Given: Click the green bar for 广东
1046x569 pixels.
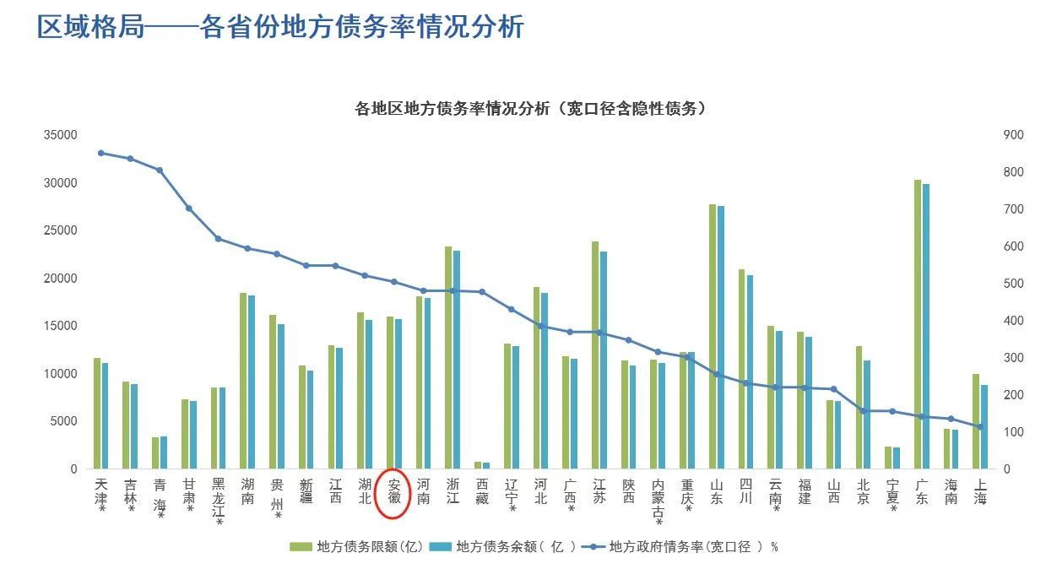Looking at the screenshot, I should click(x=918, y=324).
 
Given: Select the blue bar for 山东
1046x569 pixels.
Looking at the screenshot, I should click(x=720, y=337).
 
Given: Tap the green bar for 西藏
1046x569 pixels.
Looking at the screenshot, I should click(x=478, y=464).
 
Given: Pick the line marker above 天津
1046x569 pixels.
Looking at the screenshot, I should click(x=100, y=153).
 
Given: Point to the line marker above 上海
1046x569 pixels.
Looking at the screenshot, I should click(x=980, y=426).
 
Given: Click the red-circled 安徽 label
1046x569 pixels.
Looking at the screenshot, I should click(x=394, y=491).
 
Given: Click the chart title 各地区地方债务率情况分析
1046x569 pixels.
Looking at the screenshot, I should click(x=530, y=109).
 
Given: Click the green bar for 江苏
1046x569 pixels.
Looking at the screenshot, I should click(x=595, y=355).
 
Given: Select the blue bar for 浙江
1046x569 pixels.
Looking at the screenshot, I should click(x=457, y=360).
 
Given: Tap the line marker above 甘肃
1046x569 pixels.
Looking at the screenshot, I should click(x=188, y=209).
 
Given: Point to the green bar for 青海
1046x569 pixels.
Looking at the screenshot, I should click(x=155, y=452).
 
